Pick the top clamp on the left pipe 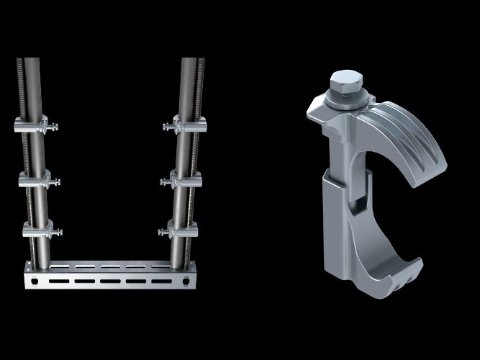(x=35, y=126)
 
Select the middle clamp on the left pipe (x=36, y=180)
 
